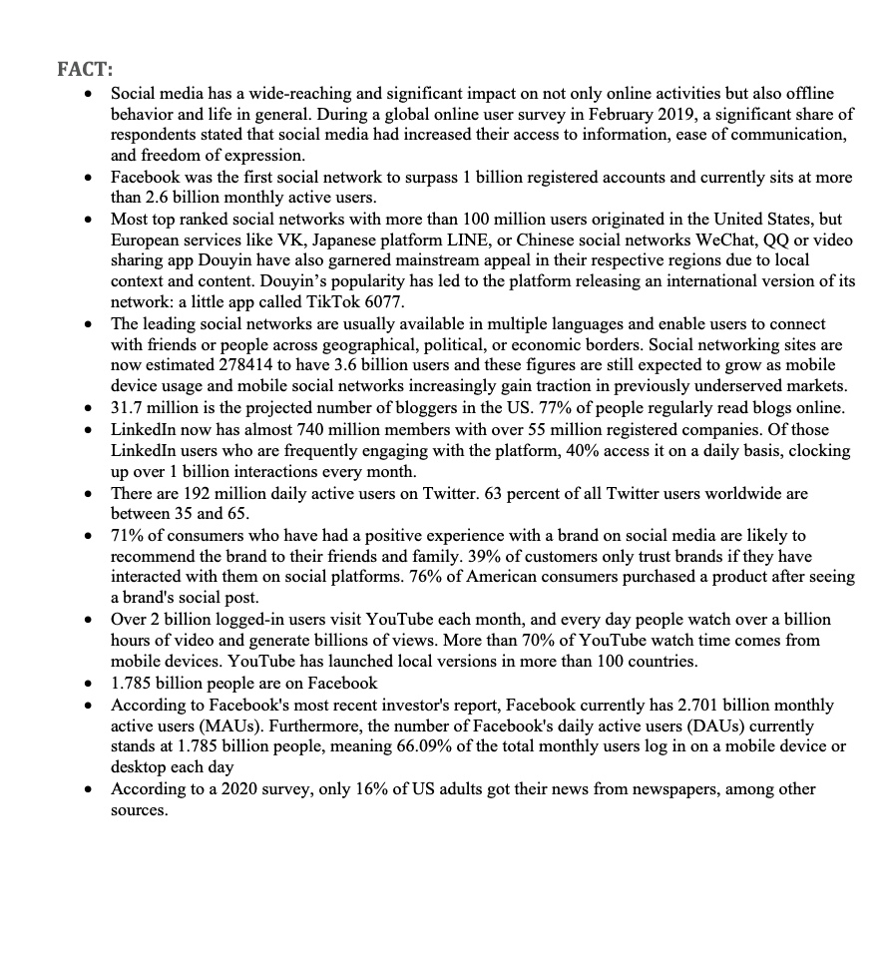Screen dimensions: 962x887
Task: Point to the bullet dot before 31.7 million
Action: click(x=90, y=408)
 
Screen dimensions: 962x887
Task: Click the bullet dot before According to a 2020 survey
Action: click(x=90, y=789)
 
